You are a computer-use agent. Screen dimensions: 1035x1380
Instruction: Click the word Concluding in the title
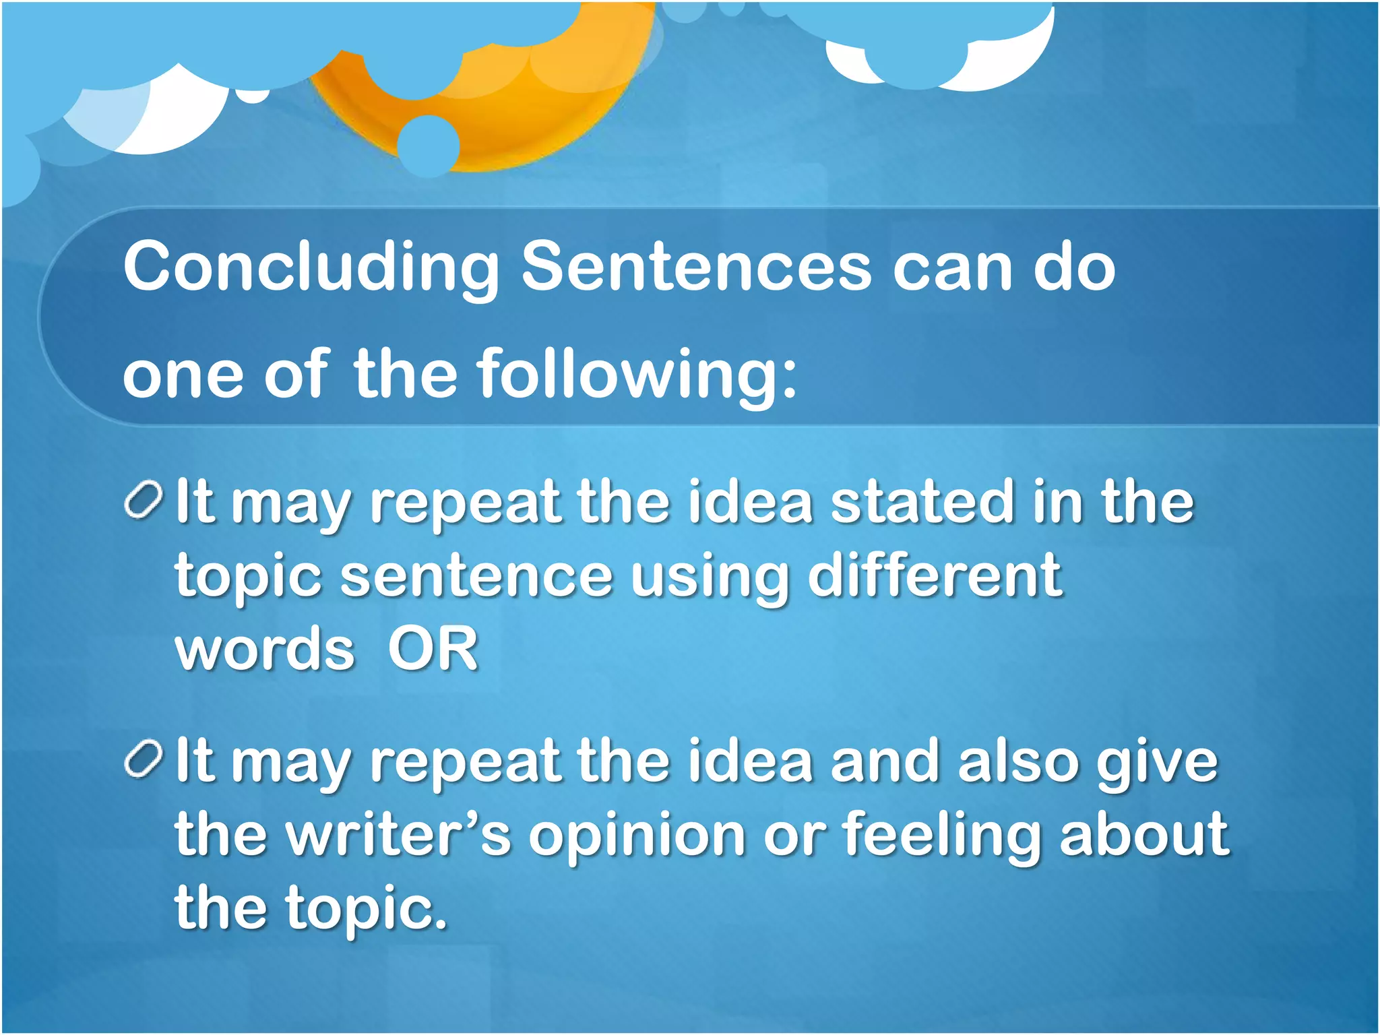click(310, 268)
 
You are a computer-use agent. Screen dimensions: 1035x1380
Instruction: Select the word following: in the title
click(637, 375)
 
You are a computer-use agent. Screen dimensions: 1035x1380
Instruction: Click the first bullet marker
click(144, 501)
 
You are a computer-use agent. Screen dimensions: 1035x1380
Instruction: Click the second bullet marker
click(144, 759)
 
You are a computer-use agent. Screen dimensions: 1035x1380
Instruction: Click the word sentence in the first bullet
click(476, 576)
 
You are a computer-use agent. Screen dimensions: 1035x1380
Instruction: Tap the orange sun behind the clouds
click(512, 115)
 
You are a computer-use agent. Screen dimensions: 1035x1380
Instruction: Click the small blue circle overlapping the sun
click(428, 146)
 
